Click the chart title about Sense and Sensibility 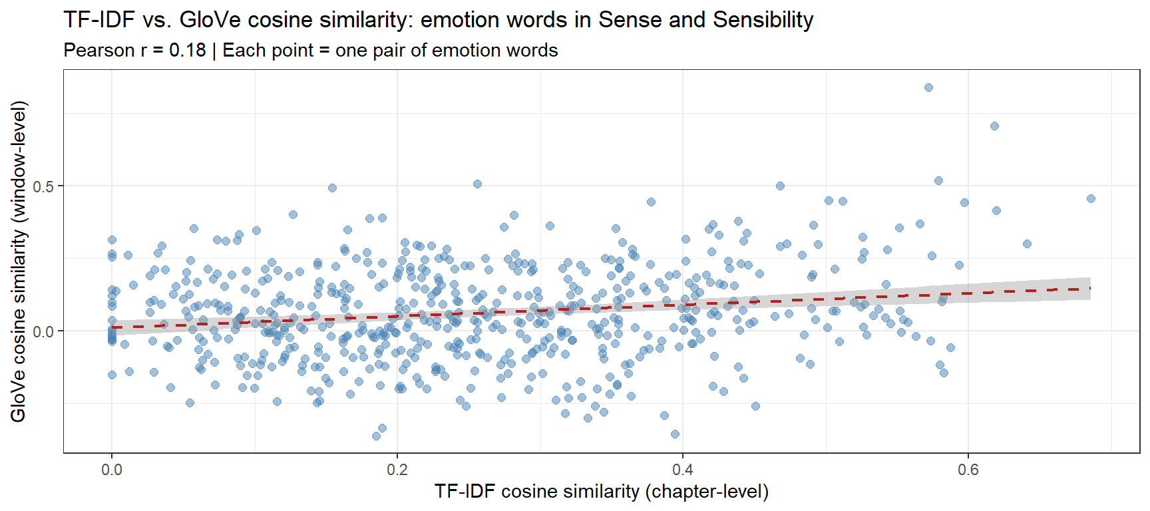tap(438, 20)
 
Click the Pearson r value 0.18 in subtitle tap(187, 51)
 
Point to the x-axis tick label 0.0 tap(112, 470)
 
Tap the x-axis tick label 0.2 tap(397, 470)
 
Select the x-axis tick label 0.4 tap(683, 470)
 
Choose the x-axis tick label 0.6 tap(968, 470)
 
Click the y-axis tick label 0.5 tap(43, 186)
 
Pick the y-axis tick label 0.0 tap(43, 331)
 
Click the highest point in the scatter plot tap(928, 88)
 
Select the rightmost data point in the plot tap(1091, 198)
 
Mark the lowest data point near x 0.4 tap(675, 434)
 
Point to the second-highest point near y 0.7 tap(994, 126)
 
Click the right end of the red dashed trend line tap(1089, 288)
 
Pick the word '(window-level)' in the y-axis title tap(18, 161)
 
